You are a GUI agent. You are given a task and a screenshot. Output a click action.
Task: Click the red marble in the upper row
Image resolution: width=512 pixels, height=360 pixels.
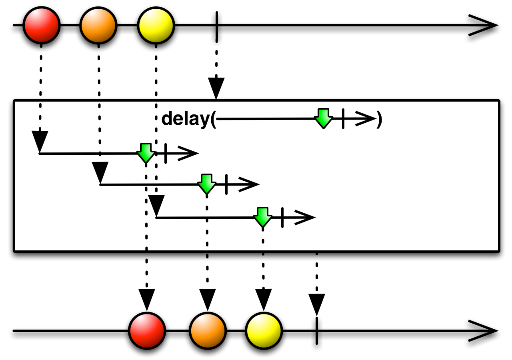coord(42,25)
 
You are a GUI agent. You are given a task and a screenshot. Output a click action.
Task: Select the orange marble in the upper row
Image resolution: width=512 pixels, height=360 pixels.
coord(98,26)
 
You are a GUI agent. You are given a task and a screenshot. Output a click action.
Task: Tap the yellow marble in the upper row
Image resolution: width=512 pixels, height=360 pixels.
coord(156,26)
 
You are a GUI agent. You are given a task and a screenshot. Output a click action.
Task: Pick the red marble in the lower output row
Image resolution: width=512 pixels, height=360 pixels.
coord(147,331)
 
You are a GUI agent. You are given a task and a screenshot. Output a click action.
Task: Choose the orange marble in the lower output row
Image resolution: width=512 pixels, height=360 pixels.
coord(208,331)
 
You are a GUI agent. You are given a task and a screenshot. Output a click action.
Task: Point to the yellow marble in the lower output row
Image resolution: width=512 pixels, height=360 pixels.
coord(264,331)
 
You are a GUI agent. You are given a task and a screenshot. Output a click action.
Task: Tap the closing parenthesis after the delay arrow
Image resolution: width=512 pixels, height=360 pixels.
coord(379,119)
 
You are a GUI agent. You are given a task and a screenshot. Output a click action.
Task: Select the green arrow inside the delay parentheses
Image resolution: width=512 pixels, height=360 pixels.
coord(323,118)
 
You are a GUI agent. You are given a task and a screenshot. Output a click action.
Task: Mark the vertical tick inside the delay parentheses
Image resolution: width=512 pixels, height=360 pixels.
coord(343,119)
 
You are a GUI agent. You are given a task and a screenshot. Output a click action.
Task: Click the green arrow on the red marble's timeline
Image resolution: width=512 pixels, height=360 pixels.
coord(146,153)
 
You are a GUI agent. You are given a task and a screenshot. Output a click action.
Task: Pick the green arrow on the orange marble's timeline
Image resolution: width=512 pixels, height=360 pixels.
coord(207,184)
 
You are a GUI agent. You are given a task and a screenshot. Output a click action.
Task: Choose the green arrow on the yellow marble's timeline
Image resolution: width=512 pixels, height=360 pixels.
coord(263,217)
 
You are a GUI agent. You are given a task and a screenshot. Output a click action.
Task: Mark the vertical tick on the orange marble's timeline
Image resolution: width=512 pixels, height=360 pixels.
coord(226,184)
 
